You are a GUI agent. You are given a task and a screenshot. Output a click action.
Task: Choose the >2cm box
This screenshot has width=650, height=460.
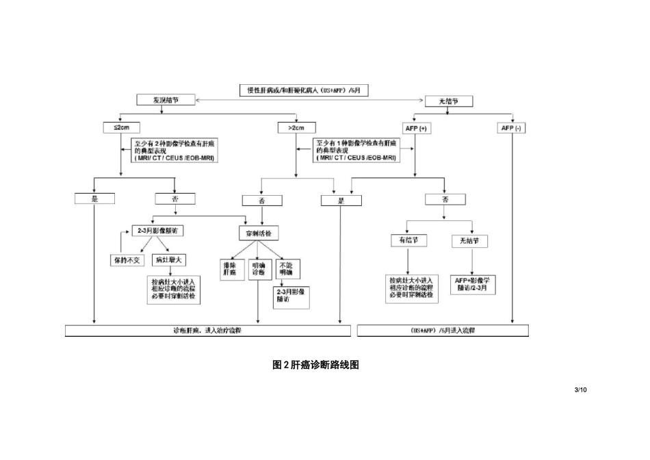296,127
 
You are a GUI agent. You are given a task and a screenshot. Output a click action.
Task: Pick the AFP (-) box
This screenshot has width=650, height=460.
512,127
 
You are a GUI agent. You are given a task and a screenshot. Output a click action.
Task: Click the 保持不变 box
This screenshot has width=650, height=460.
128,260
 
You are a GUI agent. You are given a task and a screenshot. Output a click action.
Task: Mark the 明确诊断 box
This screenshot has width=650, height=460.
258,268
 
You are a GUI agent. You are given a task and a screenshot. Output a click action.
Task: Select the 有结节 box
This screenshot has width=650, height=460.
408,241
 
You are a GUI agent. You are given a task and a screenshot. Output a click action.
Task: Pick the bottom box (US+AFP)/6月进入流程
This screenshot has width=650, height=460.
443,331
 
